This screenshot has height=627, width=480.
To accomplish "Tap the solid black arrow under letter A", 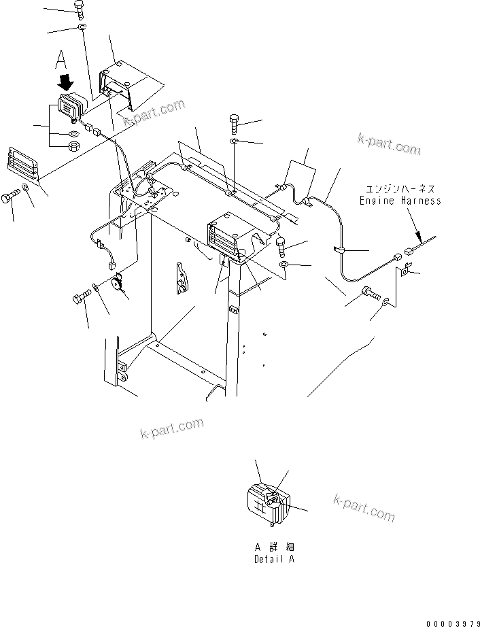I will pyautogui.click(x=66, y=84).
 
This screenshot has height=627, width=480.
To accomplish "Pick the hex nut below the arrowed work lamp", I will pyautogui.click(x=75, y=146).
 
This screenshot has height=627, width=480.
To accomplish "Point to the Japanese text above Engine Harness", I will pyautogui.click(x=400, y=189).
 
